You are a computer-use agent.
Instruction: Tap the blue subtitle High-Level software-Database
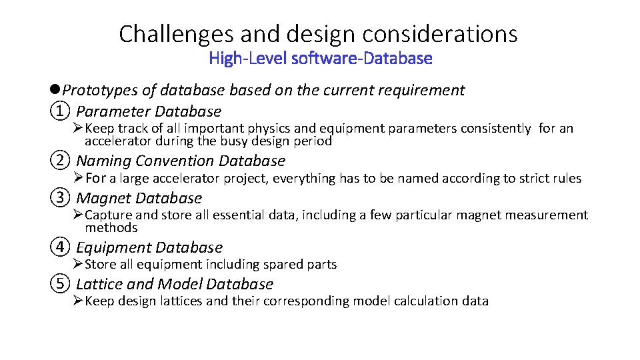[320, 59]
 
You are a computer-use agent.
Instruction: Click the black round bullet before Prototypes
[55, 90]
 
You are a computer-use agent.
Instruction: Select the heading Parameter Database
[149, 111]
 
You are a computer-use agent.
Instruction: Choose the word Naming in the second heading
[103, 161]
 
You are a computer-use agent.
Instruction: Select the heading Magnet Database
[139, 198]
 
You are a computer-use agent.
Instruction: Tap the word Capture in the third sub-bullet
[109, 215]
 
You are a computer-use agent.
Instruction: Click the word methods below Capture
[111, 228]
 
